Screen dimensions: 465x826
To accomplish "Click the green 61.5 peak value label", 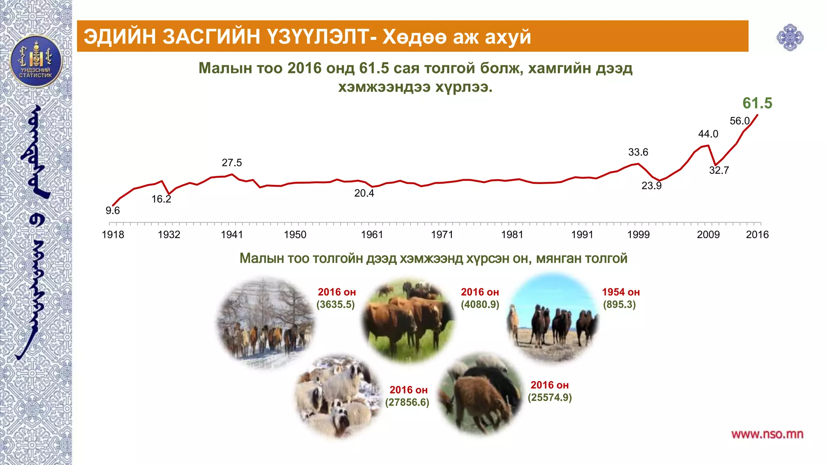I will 757,103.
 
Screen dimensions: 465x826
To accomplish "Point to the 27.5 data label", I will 232,163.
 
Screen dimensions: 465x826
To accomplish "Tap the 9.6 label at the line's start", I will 113,210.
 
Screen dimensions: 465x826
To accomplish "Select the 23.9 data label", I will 651,186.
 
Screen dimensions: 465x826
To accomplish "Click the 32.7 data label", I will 719,170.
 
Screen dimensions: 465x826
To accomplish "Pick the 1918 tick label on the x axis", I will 113,235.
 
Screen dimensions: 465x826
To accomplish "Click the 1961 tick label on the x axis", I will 371,235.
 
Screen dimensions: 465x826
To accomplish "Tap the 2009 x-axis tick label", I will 708,235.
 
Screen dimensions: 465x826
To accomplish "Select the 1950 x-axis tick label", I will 295,235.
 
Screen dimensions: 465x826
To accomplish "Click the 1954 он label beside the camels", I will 621,292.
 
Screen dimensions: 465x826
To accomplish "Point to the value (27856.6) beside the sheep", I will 407,402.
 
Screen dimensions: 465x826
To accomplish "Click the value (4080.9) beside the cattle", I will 480,304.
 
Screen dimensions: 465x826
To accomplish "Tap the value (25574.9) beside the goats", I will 549,398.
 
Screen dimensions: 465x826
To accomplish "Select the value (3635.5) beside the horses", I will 336,304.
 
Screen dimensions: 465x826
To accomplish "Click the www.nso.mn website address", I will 767,434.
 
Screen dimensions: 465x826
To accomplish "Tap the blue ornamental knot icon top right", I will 790,38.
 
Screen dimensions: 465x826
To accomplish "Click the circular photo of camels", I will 553,317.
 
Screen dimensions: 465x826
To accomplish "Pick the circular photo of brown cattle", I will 408,319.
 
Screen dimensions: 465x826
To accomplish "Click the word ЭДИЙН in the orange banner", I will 119,36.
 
